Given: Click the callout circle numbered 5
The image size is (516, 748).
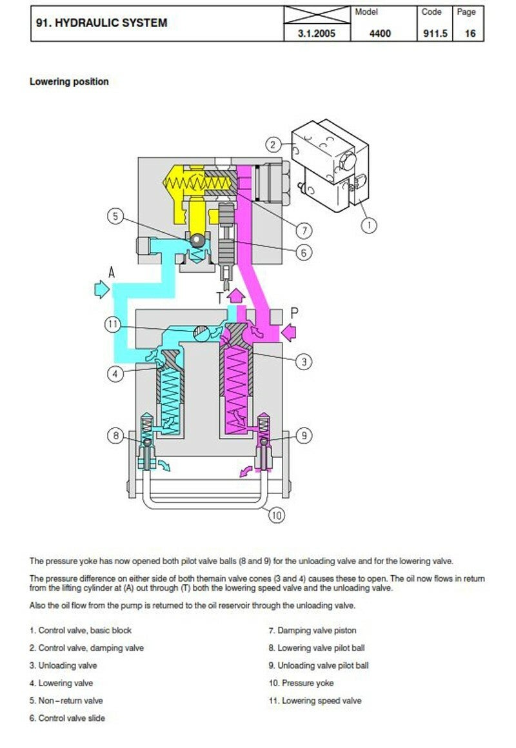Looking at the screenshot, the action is coord(115,217).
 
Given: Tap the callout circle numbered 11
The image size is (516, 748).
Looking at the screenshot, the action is coord(112,325).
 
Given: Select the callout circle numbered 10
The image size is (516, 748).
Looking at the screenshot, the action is coord(276,515).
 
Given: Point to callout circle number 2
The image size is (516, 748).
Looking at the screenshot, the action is coord(273,144).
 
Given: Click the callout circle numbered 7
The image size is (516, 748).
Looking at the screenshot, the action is coord(304,230).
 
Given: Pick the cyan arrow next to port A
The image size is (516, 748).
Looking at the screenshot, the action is coord(102,289).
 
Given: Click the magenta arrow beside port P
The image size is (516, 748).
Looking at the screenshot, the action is coord(289,333).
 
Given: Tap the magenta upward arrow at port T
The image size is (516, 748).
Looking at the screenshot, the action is coord(235,296).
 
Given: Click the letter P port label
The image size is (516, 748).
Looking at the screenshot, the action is coord(295,313).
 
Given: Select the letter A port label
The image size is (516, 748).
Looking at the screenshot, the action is coord(112,272).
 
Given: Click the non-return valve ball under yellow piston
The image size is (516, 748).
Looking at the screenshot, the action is coord(197,241).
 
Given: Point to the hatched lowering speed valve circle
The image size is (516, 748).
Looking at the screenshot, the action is coord(201,333).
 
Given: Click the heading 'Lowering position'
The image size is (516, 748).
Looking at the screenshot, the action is coord(69,82).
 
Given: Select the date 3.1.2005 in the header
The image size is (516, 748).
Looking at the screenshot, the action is coord(317,34).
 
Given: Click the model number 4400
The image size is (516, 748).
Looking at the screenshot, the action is coord(381,34).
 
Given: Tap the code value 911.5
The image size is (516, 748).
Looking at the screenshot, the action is coord(435,34).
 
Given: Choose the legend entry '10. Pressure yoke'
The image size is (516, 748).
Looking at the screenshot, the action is coord(301,683).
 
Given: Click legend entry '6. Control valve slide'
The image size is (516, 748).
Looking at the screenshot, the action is coord(67,718).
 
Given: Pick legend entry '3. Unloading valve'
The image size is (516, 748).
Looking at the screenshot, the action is coord(63,665).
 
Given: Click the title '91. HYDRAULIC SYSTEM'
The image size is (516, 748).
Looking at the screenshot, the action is coord(102,23).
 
